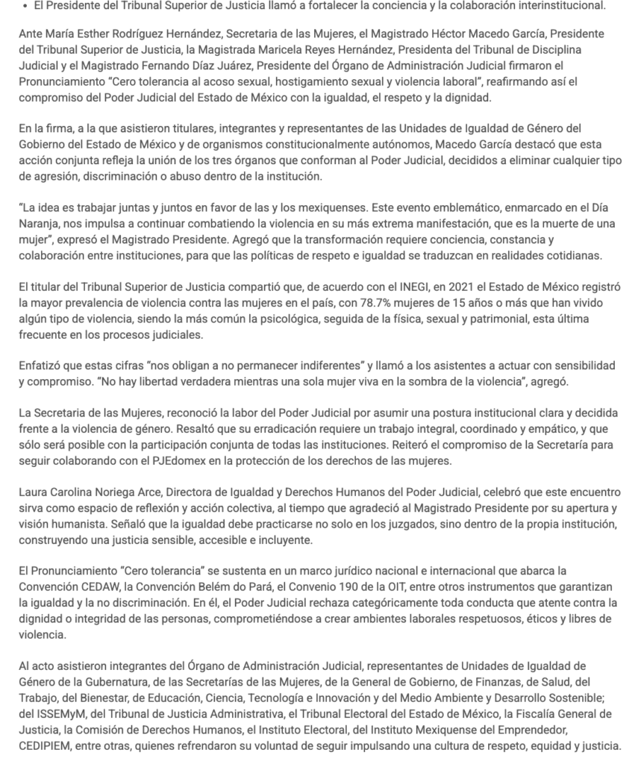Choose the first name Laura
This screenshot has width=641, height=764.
click(x=34, y=494)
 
